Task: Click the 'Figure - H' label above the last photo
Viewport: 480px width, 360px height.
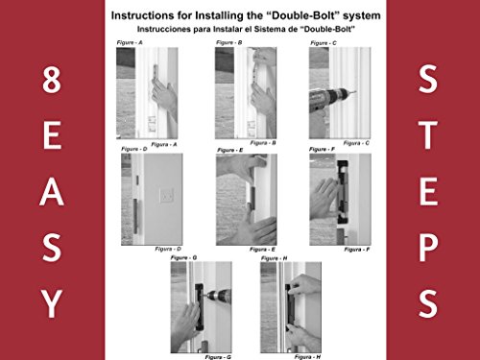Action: click(274, 258)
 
